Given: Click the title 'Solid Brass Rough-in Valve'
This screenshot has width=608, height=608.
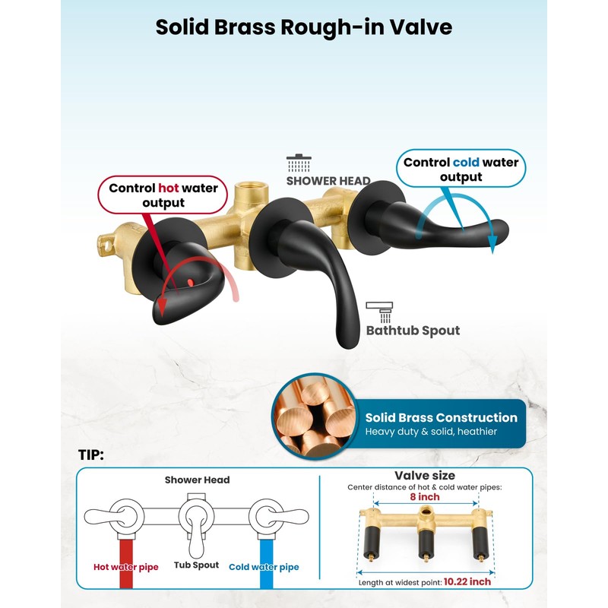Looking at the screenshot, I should tap(304, 27).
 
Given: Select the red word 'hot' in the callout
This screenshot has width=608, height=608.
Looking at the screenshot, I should tap(168, 188).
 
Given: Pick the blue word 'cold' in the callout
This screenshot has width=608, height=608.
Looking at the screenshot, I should tap(464, 162).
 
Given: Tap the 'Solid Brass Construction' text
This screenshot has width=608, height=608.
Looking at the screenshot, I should tap(441, 417).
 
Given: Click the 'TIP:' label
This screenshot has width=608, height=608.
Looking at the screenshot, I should tap(91, 455).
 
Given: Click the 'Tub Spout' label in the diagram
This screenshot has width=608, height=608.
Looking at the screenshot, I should tap(196, 565).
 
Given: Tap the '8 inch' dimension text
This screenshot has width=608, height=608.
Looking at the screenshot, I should tap(424, 497).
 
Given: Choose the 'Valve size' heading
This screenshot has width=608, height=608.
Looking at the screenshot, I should tap(425, 476).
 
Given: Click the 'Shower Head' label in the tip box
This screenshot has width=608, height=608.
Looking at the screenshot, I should tap(198, 480).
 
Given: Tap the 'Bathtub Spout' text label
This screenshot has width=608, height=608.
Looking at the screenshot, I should tap(413, 331).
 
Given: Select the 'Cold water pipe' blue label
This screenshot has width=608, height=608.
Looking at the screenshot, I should tap(264, 567).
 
